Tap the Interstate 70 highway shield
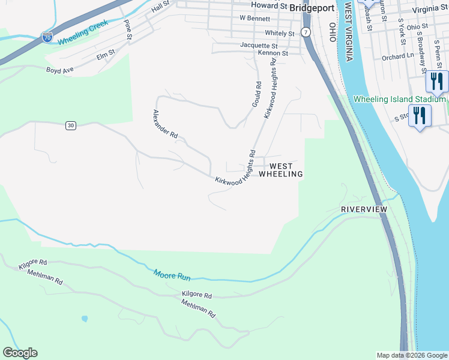48,38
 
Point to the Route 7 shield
306,31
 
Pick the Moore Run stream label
172,276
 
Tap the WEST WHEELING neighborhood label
281,170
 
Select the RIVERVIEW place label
364,209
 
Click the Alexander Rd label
165,125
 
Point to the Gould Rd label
256,95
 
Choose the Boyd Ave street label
60,70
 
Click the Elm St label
105,56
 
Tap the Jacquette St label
259,45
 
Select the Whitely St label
280,34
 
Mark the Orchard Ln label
398,58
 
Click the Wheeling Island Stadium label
400,99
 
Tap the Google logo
20,353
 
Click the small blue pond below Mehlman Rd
85,318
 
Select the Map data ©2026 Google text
412,355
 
